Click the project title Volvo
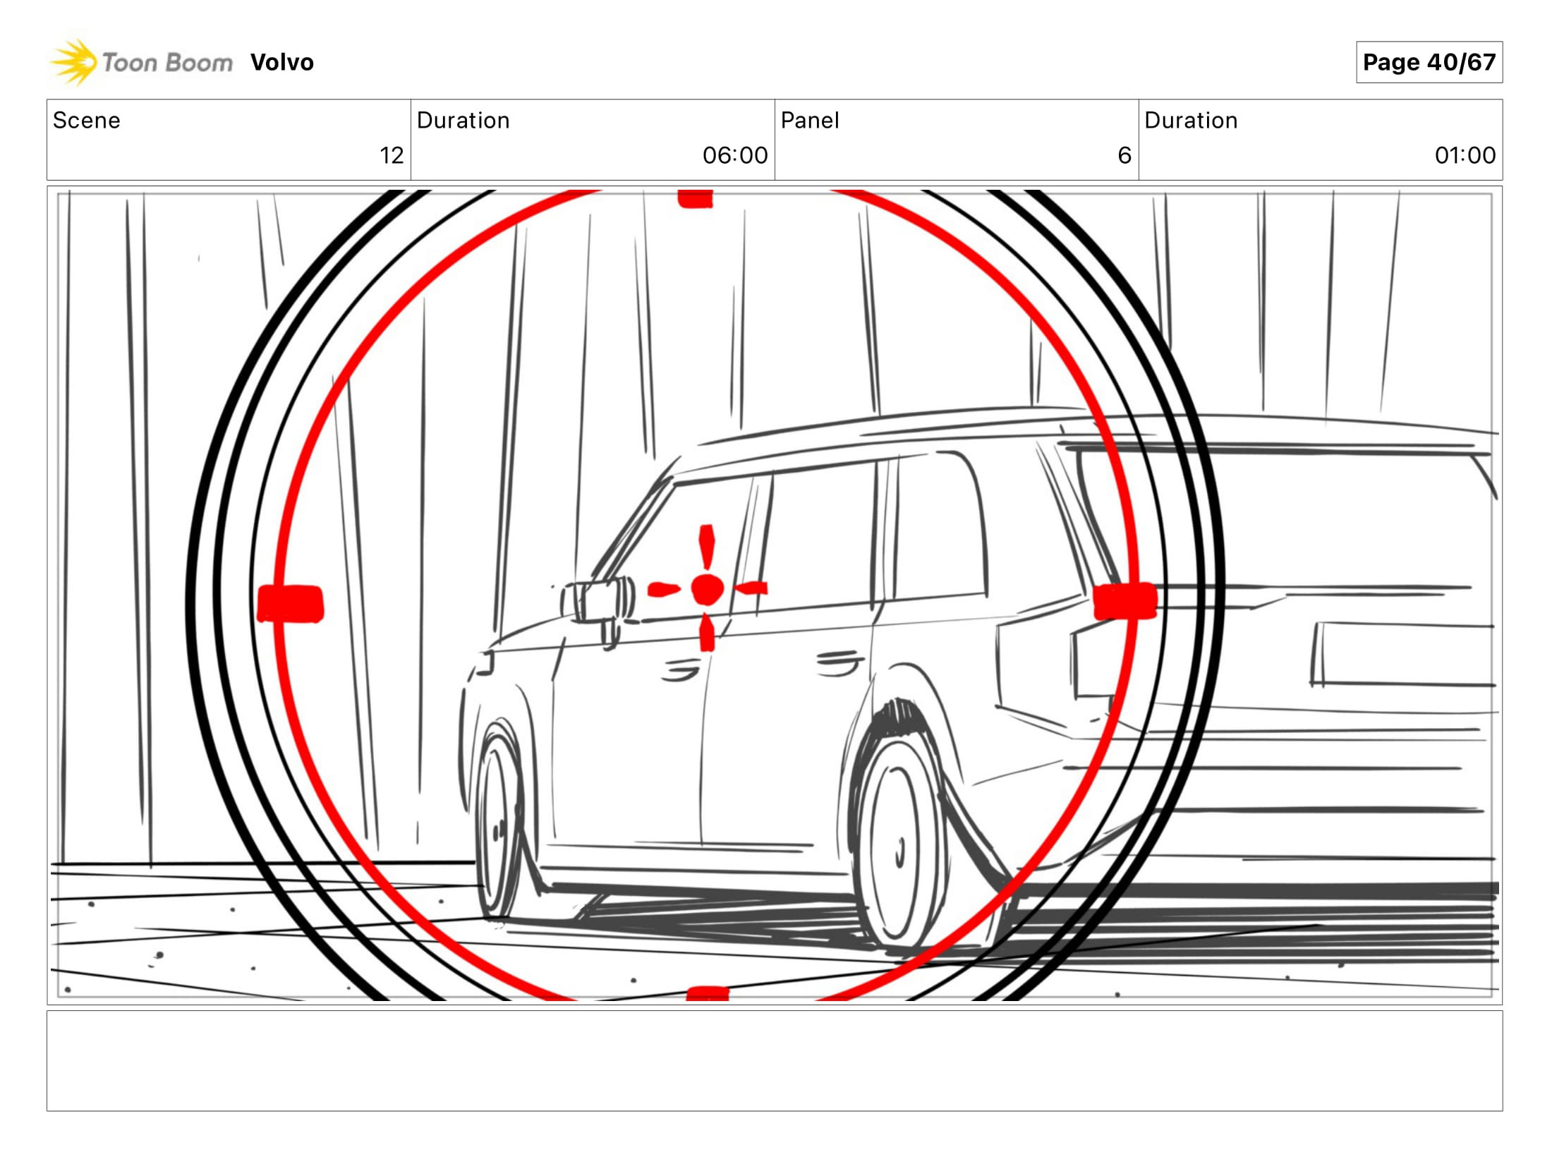pyautogui.click(x=281, y=62)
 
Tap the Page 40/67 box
pyautogui.click(x=1429, y=62)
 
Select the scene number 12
pyautogui.click(x=392, y=155)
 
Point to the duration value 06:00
pyautogui.click(x=734, y=155)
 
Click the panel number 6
pyautogui.click(x=1124, y=155)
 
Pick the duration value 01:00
pyautogui.click(x=1465, y=155)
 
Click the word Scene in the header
pyautogui.click(x=87, y=121)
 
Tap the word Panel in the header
pyautogui.click(x=810, y=121)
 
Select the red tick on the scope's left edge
pyautogui.click(x=291, y=604)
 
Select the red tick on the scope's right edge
pyautogui.click(x=1124, y=601)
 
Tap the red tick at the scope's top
pyautogui.click(x=695, y=199)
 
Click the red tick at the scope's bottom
pyautogui.click(x=707, y=993)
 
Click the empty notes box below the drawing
pyautogui.click(x=774, y=1060)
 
